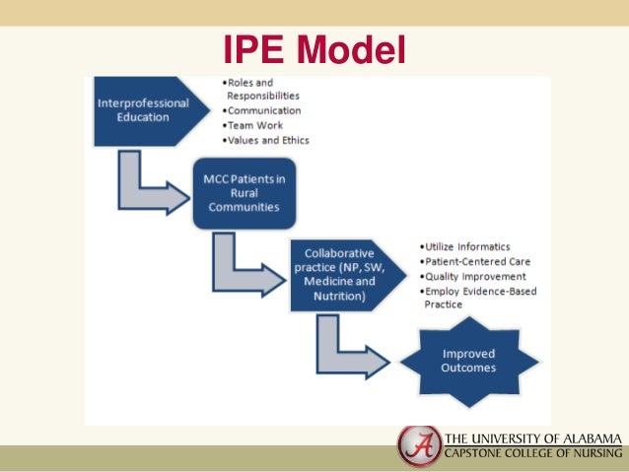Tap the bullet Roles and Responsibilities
[261, 90]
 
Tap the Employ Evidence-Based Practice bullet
[477, 298]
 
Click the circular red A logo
[419, 445]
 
